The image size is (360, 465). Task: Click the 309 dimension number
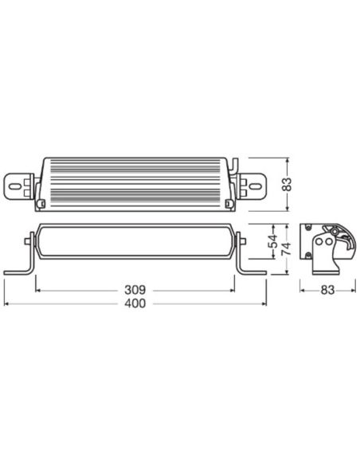tap(135, 291)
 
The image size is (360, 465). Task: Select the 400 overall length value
tap(135, 305)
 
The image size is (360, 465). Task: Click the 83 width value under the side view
tap(327, 291)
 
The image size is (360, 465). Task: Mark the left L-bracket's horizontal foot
tap(17, 272)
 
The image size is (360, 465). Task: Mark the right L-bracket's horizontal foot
tap(254, 272)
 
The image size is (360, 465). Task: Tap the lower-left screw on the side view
tap(308, 255)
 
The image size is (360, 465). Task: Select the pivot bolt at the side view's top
tap(329, 228)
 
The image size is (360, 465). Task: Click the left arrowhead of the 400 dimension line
tap(6, 305)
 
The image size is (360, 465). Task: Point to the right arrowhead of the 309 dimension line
tap(235, 291)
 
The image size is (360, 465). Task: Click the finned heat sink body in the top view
tap(135, 182)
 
